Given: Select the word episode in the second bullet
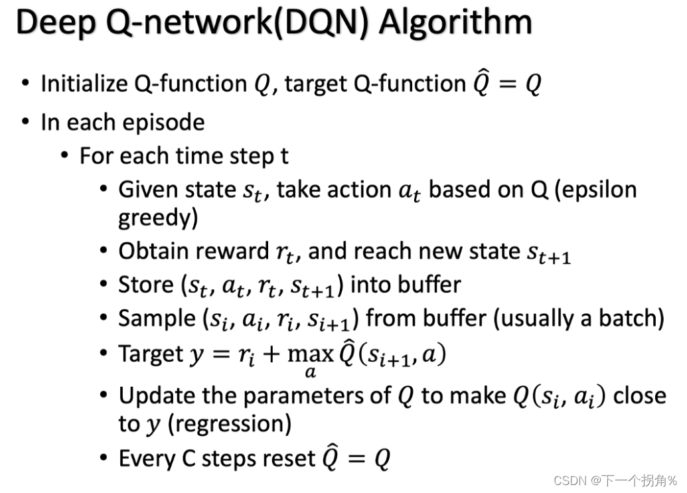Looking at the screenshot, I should [168, 123].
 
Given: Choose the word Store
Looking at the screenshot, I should [145, 285].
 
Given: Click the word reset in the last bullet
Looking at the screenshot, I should [289, 458].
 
